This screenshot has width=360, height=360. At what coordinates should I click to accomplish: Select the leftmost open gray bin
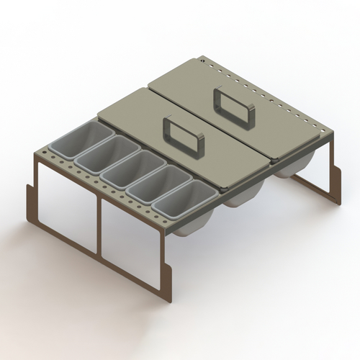pos(86,140)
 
